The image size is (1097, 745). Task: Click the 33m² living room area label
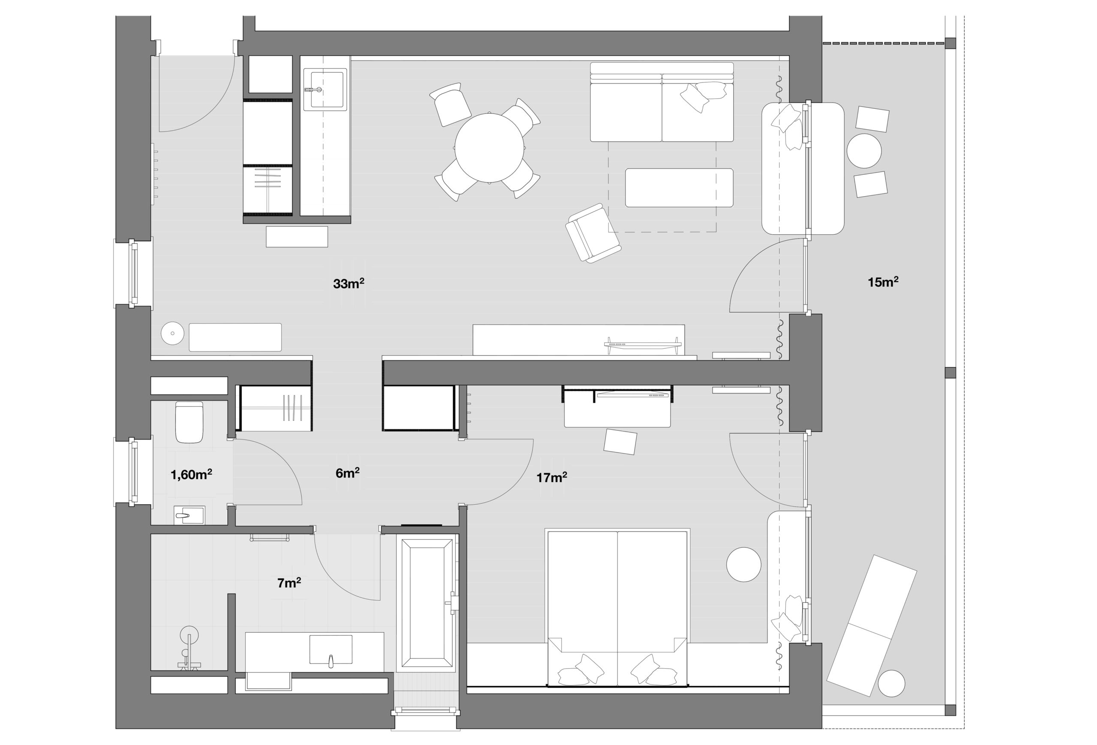pyautogui.click(x=348, y=284)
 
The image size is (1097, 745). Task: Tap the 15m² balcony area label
pyautogui.click(x=883, y=282)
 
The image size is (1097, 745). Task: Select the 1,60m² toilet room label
pyautogui.click(x=191, y=475)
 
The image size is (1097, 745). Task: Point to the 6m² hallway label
pyautogui.click(x=348, y=473)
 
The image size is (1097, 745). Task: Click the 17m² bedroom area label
pyautogui.click(x=551, y=478)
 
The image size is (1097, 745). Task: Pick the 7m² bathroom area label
pyautogui.click(x=289, y=583)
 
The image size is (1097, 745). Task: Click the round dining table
pyautogui.click(x=490, y=148)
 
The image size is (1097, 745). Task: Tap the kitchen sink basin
pyautogui.click(x=325, y=90)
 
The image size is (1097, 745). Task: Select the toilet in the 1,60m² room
pyautogui.click(x=189, y=422)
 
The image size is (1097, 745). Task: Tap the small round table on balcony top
pyautogui.click(x=864, y=151)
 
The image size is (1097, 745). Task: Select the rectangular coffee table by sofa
pyautogui.click(x=679, y=188)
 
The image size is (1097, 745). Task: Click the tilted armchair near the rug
pyautogui.click(x=592, y=233)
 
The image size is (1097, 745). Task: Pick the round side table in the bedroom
pyautogui.click(x=743, y=564)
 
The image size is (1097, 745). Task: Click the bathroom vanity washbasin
pyautogui.click(x=330, y=650)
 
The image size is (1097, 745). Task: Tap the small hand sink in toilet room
pyautogui.click(x=189, y=514)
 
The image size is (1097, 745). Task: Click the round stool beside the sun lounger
pyautogui.click(x=891, y=684)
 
